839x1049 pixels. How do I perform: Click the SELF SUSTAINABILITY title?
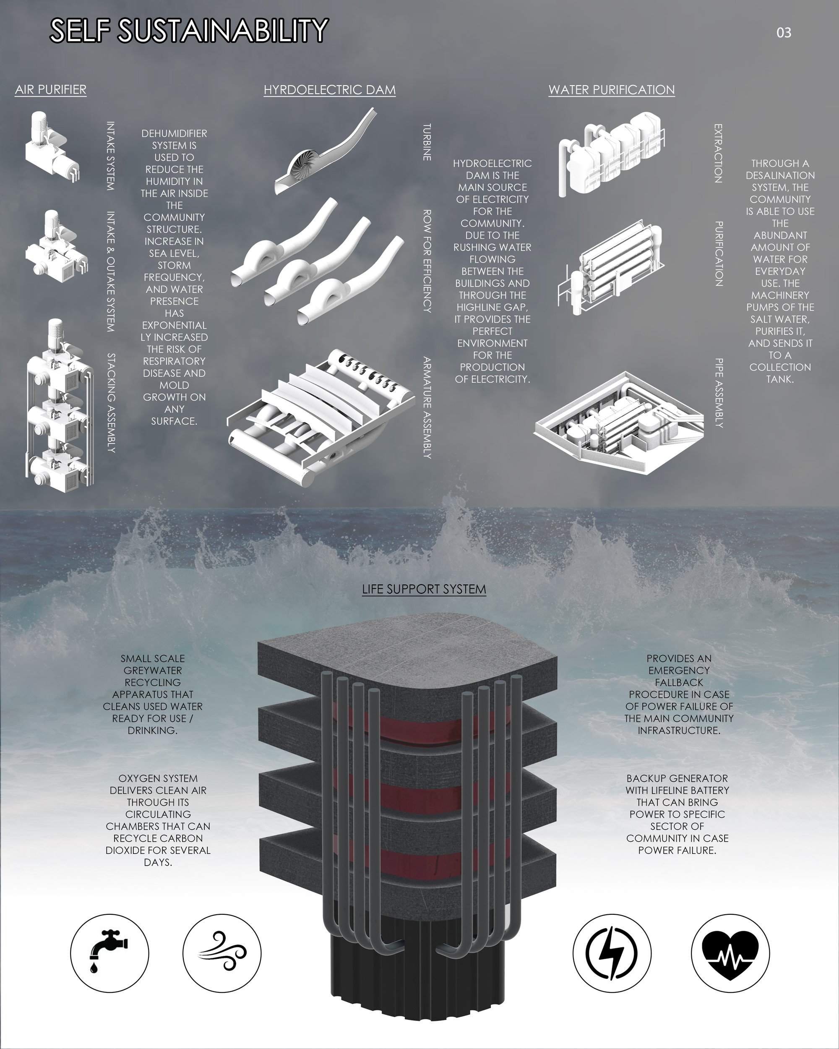pyautogui.click(x=189, y=31)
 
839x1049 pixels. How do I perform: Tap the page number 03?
pyautogui.click(x=784, y=33)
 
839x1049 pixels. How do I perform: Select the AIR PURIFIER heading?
pyautogui.click(x=51, y=89)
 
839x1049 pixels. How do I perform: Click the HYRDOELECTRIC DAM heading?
pyautogui.click(x=329, y=90)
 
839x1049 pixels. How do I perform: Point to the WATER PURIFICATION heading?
pyautogui.click(x=611, y=90)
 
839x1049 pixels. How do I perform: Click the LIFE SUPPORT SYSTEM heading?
pyautogui.click(x=424, y=589)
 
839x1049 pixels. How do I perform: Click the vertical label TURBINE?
pyautogui.click(x=427, y=142)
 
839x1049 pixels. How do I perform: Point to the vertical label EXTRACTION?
pyautogui.click(x=718, y=153)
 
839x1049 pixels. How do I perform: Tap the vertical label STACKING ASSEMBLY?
pyautogui.click(x=111, y=403)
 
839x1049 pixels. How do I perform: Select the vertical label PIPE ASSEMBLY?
pyautogui.click(x=719, y=393)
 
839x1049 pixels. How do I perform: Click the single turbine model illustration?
pyautogui.click(x=325, y=152)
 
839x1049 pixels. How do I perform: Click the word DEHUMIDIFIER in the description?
pyautogui.click(x=174, y=133)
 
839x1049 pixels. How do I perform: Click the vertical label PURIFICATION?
pyautogui.click(x=718, y=253)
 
